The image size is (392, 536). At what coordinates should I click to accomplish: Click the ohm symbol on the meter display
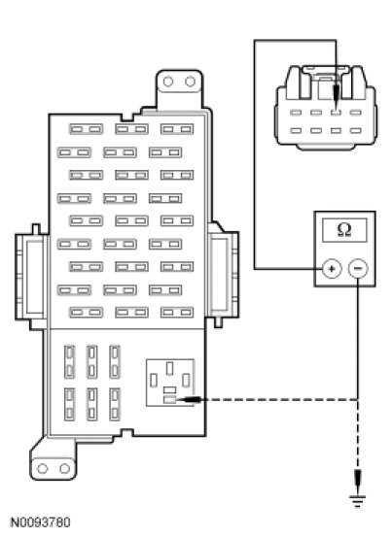[344, 230]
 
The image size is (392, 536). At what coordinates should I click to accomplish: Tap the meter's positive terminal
[332, 269]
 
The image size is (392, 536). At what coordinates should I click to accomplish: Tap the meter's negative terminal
[358, 268]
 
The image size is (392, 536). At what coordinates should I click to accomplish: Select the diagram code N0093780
[41, 522]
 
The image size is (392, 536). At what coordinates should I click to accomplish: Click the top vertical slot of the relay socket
[169, 369]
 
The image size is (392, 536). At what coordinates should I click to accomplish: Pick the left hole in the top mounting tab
[168, 82]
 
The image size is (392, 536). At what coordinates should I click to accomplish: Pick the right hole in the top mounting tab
[190, 82]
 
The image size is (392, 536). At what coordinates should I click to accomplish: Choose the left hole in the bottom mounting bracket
[43, 468]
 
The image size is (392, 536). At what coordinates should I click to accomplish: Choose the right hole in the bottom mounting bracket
[65, 468]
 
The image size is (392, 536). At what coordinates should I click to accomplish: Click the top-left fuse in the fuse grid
[86, 129]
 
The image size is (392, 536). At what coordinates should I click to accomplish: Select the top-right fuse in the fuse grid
[177, 129]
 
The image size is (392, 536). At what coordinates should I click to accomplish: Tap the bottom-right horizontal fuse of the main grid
[177, 312]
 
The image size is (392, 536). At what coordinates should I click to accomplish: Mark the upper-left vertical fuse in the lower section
[69, 362]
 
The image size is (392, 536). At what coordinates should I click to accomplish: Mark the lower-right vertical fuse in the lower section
[115, 404]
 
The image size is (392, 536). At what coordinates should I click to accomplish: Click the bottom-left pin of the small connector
[296, 130]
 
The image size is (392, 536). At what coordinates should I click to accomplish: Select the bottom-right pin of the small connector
[356, 130]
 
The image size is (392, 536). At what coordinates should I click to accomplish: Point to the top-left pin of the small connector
[296, 112]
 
